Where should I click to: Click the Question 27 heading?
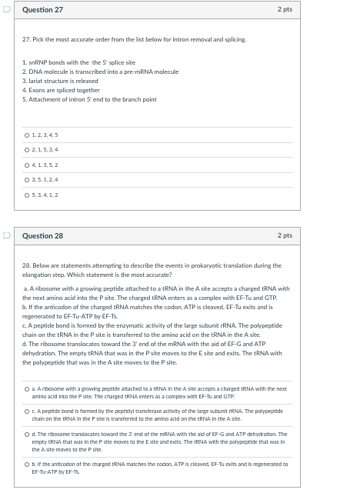(x=43, y=10)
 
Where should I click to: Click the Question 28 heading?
(x=43, y=236)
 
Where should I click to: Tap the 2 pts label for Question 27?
(x=285, y=10)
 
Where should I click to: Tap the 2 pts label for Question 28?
(x=285, y=236)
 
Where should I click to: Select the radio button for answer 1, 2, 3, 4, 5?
(x=27, y=135)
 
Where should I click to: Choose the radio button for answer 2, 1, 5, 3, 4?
(x=27, y=150)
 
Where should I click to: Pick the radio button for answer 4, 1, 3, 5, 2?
(x=27, y=165)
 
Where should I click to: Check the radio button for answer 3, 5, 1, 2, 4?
(x=27, y=180)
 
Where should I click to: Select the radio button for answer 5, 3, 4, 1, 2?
(x=27, y=195)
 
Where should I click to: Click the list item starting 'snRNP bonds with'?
(x=78, y=62)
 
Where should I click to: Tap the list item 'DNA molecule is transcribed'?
(x=100, y=72)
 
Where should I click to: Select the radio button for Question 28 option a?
(x=27, y=389)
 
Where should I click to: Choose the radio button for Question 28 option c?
(x=27, y=412)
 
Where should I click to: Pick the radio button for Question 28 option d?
(x=27, y=435)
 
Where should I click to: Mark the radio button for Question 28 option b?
(x=27, y=465)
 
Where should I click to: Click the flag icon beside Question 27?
(x=7, y=10)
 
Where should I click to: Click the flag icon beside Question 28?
(x=7, y=236)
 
